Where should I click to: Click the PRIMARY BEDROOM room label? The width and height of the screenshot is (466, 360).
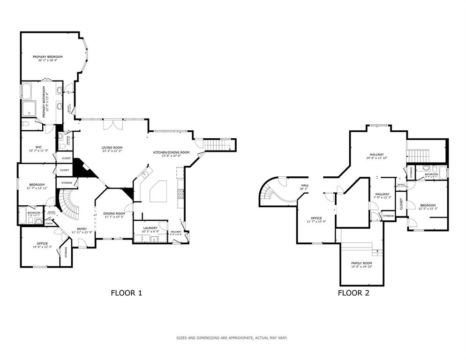click(47, 56)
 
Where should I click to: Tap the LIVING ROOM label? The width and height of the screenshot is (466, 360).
click(112, 148)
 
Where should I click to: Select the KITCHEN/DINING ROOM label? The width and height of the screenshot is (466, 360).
click(171, 152)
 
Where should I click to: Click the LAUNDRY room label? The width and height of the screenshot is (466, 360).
click(150, 228)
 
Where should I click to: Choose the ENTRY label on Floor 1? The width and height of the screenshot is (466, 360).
click(82, 229)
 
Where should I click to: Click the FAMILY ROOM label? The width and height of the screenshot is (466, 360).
click(361, 263)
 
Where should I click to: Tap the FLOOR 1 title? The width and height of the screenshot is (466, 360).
click(126, 293)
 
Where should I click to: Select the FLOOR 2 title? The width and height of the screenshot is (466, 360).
click(353, 293)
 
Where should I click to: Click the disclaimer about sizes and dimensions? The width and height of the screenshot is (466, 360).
click(232, 337)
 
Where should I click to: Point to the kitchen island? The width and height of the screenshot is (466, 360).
click(159, 191)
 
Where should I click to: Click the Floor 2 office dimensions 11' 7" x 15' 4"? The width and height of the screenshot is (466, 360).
click(316, 221)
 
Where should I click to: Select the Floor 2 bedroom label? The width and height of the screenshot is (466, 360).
click(428, 205)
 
